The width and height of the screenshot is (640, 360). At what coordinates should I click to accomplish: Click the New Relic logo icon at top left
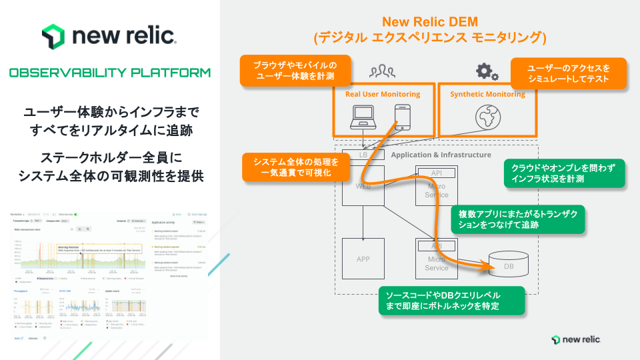[x=53, y=35]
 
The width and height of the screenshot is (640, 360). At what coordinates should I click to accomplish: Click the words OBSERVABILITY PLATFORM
[x=110, y=73]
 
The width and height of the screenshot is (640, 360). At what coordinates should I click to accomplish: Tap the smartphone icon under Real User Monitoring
[x=403, y=116]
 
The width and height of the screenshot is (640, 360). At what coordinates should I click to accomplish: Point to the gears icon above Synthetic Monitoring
[x=487, y=72]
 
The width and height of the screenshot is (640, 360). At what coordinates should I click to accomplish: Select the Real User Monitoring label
[x=383, y=94]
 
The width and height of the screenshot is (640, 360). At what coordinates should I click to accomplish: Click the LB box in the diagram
[x=363, y=155]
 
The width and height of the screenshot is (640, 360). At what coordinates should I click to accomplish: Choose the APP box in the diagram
[x=363, y=259]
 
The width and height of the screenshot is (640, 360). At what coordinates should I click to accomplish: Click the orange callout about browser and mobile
[x=294, y=71]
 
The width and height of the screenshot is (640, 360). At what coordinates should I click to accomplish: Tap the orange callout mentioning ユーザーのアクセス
[x=569, y=73]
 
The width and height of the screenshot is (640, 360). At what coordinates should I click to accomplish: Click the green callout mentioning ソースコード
[x=449, y=301]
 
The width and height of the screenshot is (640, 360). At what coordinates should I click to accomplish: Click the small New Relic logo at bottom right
[x=577, y=339]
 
